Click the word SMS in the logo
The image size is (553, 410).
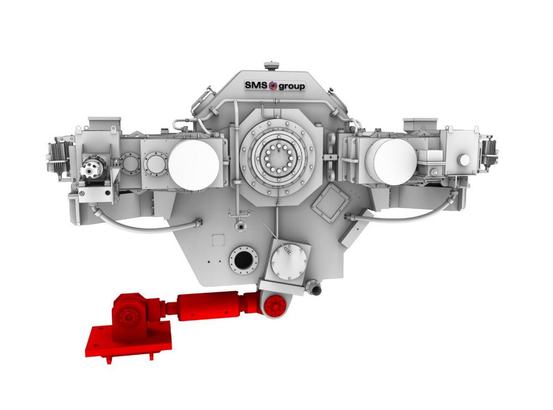[257, 85]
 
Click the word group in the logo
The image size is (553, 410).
[292, 86]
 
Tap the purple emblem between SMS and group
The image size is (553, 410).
[273, 86]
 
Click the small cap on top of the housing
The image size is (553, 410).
[269, 66]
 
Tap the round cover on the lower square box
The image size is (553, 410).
[289, 262]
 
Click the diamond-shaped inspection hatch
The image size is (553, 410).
[331, 200]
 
